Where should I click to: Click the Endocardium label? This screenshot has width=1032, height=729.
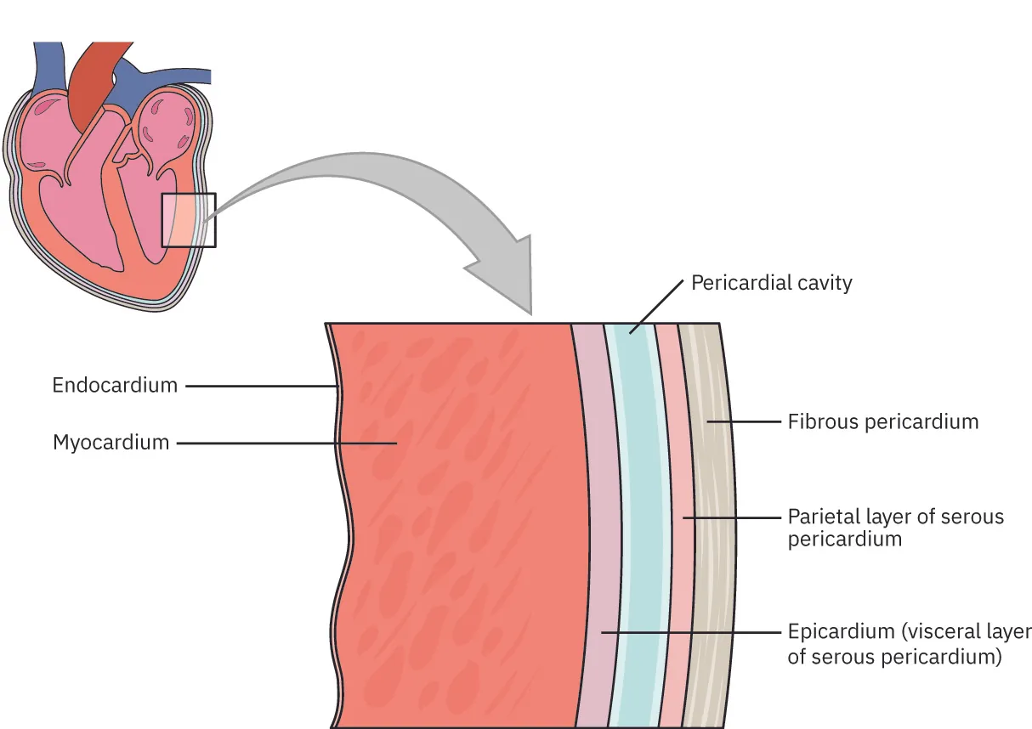115,385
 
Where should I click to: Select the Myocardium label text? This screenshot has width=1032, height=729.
111,443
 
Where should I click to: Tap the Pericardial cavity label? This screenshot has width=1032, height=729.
771,283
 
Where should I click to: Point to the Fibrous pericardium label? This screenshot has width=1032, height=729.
883,421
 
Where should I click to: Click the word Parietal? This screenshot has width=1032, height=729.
820,517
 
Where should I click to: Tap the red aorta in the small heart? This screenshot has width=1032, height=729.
87,85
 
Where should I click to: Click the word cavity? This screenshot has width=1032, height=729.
822,283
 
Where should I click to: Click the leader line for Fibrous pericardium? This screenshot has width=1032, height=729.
744,421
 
